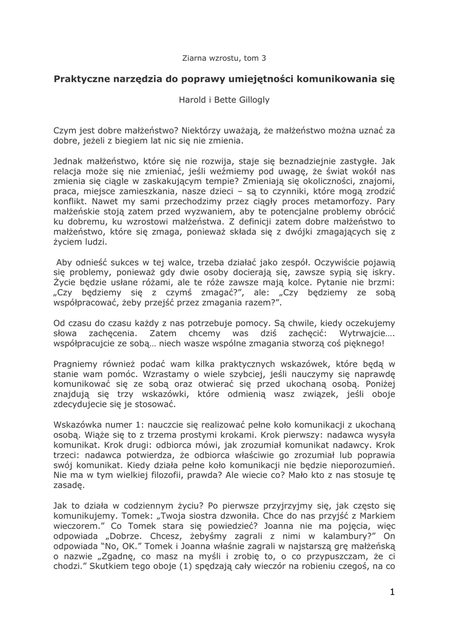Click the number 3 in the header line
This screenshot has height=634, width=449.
pyautogui.click(x=263, y=58)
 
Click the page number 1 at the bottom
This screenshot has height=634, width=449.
pyautogui.click(x=391, y=593)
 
